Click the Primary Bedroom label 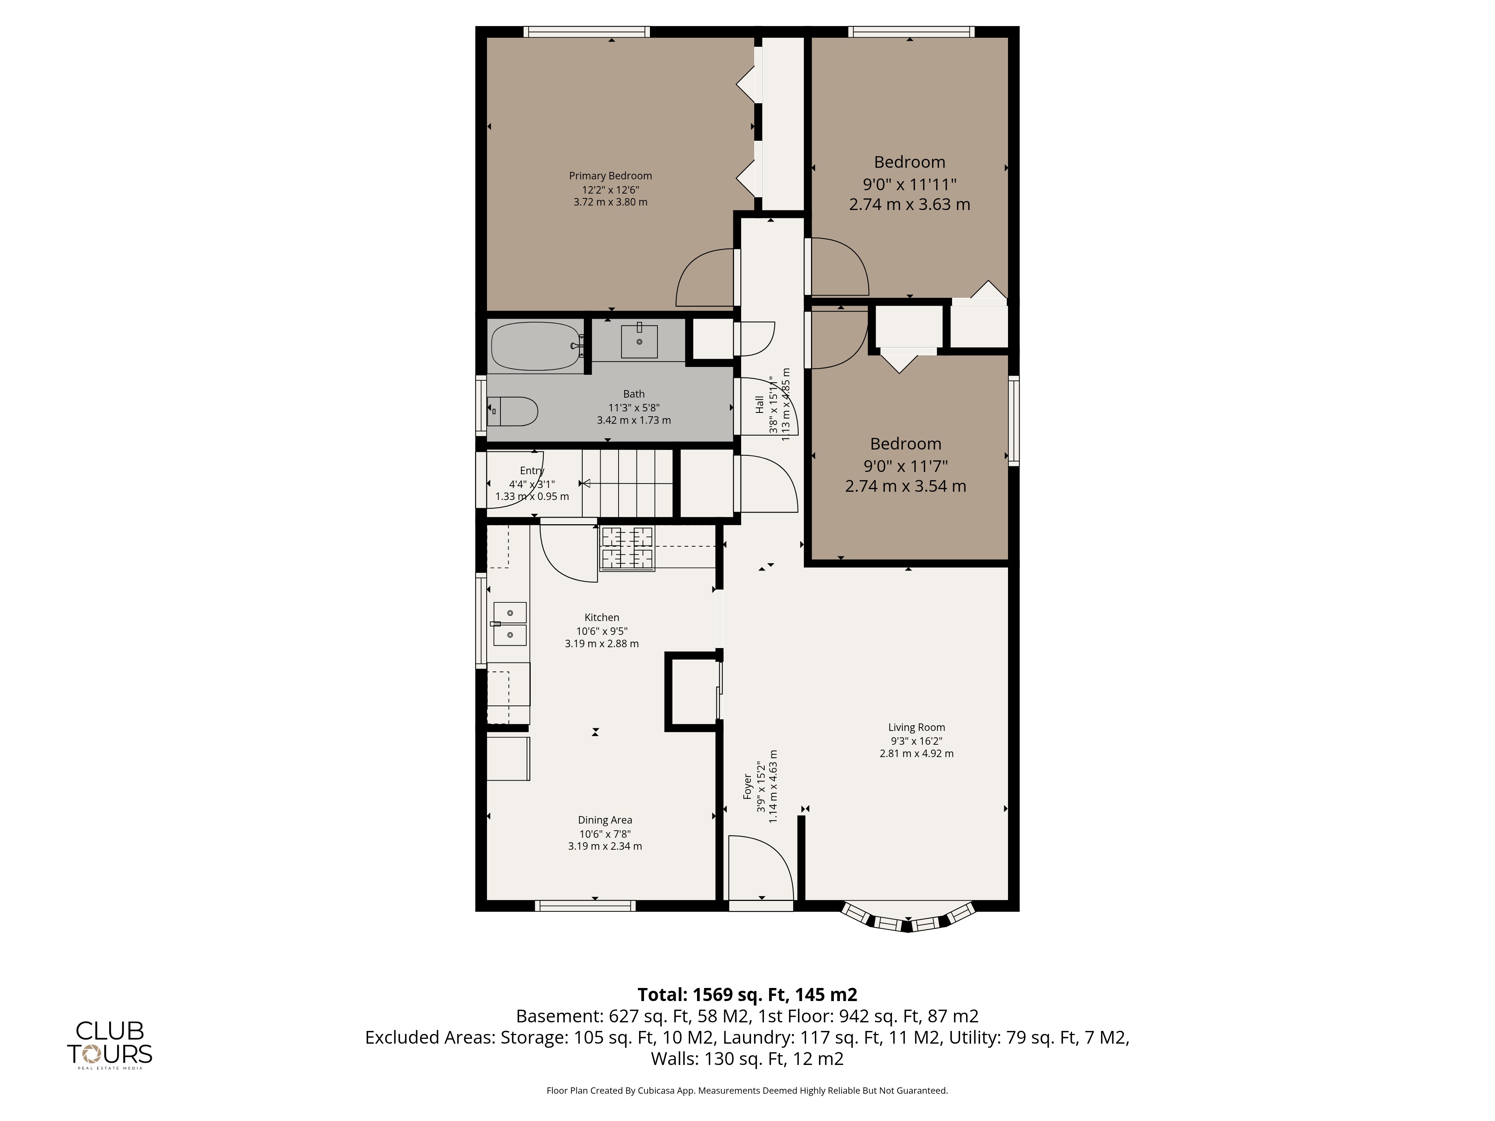pyautogui.click(x=610, y=176)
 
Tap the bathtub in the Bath pyautogui.click(x=535, y=346)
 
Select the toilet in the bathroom pyautogui.click(x=512, y=411)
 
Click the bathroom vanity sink pyautogui.click(x=639, y=340)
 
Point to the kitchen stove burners pyautogui.click(x=627, y=549)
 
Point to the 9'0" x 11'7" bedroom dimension pyautogui.click(x=906, y=466)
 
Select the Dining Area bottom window pyautogui.click(x=585, y=905)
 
